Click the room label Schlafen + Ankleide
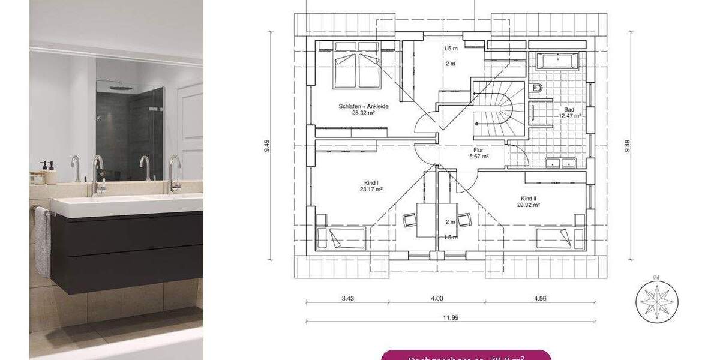364,106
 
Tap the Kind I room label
371,183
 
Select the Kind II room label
529,199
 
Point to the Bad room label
569,110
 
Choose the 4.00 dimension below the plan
437,298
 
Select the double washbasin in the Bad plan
560,162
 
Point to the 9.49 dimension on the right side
627,146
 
